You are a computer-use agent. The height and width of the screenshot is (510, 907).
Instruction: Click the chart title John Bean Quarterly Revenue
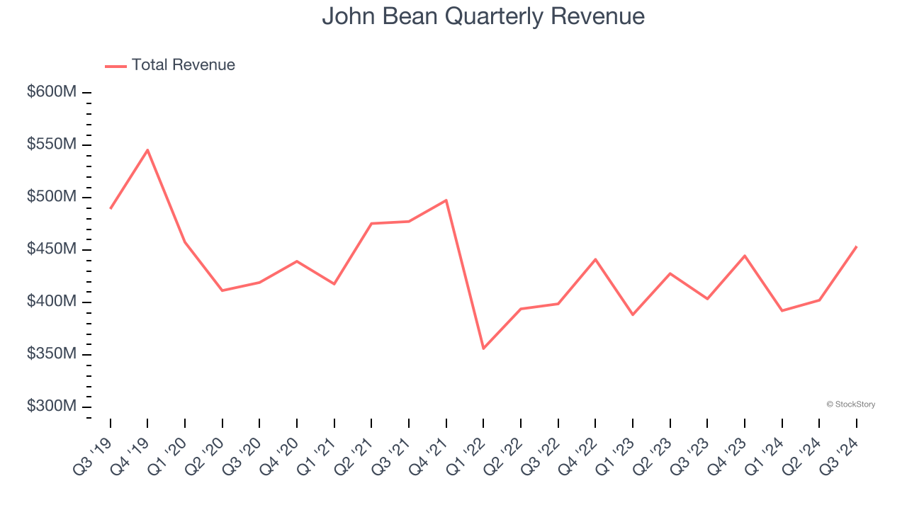pyautogui.click(x=483, y=16)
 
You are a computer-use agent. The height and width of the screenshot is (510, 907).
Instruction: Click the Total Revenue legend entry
pyautogui.click(x=170, y=65)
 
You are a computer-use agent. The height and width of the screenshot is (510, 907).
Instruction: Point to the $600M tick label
pyautogui.click(x=52, y=92)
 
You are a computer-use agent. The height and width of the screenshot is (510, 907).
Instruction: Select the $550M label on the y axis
pyautogui.click(x=52, y=144)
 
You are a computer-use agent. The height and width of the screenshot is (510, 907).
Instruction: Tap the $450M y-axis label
pyautogui.click(x=52, y=249)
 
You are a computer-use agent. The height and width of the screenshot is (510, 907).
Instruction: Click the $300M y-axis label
pyautogui.click(x=52, y=407)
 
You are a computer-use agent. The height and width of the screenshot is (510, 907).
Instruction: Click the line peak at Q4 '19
pyautogui.click(x=147, y=149)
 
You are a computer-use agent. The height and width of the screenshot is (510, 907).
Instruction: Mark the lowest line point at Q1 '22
pyautogui.click(x=483, y=348)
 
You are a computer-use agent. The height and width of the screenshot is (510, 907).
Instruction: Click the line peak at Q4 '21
pyautogui.click(x=446, y=200)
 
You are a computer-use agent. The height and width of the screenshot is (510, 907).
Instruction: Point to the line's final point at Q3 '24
pyautogui.click(x=857, y=246)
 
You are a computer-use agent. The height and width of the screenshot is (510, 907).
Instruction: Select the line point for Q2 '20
pyautogui.click(x=222, y=290)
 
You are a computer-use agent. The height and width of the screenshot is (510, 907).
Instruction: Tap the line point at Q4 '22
pyautogui.click(x=595, y=259)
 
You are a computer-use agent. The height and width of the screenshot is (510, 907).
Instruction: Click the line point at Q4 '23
pyautogui.click(x=745, y=255)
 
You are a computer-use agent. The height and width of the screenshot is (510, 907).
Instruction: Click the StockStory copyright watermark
pyautogui.click(x=850, y=404)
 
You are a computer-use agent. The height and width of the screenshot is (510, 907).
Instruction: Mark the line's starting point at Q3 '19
pyautogui.click(x=111, y=208)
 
